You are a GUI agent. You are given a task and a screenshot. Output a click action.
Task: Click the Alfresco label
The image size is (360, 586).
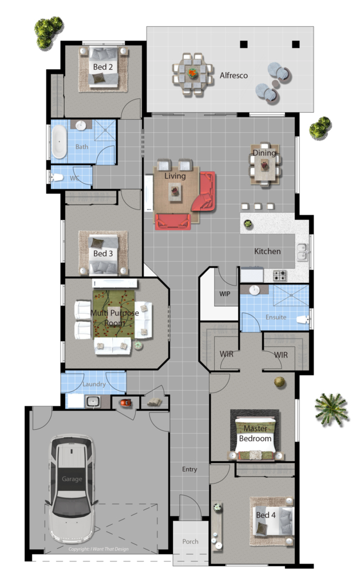tap(234, 76)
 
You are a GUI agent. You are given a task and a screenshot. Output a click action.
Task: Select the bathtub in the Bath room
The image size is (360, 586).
tap(59, 142)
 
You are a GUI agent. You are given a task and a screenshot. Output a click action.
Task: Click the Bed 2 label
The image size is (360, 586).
tap(103, 67)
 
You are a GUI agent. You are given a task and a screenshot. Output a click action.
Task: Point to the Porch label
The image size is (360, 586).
tap(190, 541)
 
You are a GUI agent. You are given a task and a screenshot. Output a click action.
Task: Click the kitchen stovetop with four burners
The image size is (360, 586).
tap(280, 276)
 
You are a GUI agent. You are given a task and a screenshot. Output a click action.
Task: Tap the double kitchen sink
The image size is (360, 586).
tap(302, 252)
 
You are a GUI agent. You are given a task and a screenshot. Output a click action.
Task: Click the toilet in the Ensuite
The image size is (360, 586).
tap(302, 319)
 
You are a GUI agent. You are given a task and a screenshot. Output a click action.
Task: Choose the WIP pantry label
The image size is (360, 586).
tap(225, 294)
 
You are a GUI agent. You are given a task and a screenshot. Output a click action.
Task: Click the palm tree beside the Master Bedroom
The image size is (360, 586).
tap(331, 409)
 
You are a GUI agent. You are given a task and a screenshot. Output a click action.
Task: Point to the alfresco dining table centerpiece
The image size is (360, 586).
tap(192, 72)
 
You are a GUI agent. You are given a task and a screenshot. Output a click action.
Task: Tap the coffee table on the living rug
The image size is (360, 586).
tap(175, 192)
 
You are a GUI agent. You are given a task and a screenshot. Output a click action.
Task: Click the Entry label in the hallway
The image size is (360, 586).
tap(189, 469)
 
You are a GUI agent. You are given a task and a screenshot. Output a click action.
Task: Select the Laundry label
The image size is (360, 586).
tap(94, 384)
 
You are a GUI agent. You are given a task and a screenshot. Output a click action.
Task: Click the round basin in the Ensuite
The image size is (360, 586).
tap(255, 290)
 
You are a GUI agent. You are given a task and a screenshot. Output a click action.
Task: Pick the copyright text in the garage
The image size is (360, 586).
tap(98, 549)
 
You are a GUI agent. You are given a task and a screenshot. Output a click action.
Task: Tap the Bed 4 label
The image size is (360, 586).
tap(266, 515)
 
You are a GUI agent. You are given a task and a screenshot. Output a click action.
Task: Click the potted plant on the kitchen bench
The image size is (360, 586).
tap(248, 224)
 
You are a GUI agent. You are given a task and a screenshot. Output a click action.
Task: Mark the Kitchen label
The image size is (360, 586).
tap(267, 252)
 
